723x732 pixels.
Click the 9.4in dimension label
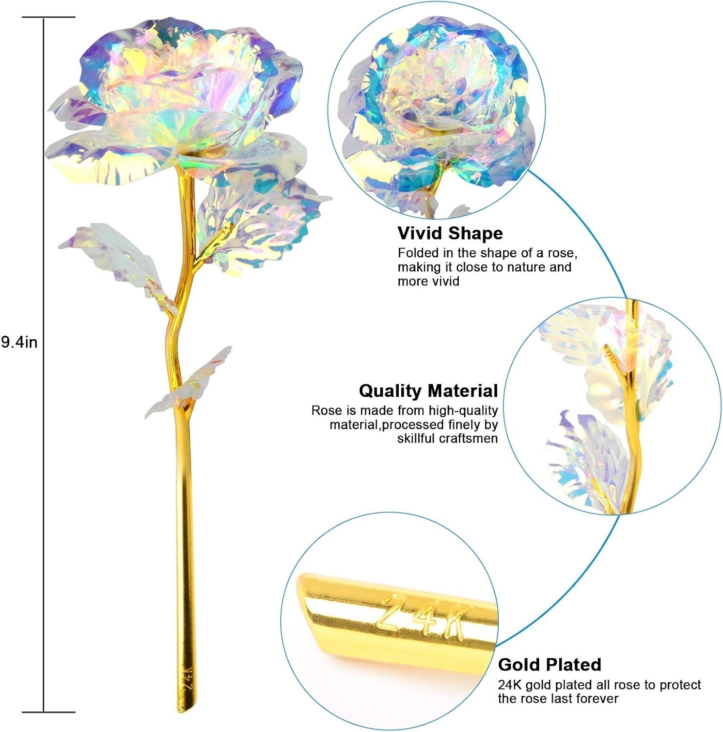tap(19, 342)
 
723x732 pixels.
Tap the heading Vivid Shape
tap(450, 233)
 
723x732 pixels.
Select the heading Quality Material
tap(428, 390)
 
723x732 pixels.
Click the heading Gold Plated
tap(549, 664)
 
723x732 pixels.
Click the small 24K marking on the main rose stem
tap(188, 678)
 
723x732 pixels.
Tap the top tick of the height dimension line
tap(49, 18)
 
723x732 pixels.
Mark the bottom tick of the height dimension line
tap(49, 712)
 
